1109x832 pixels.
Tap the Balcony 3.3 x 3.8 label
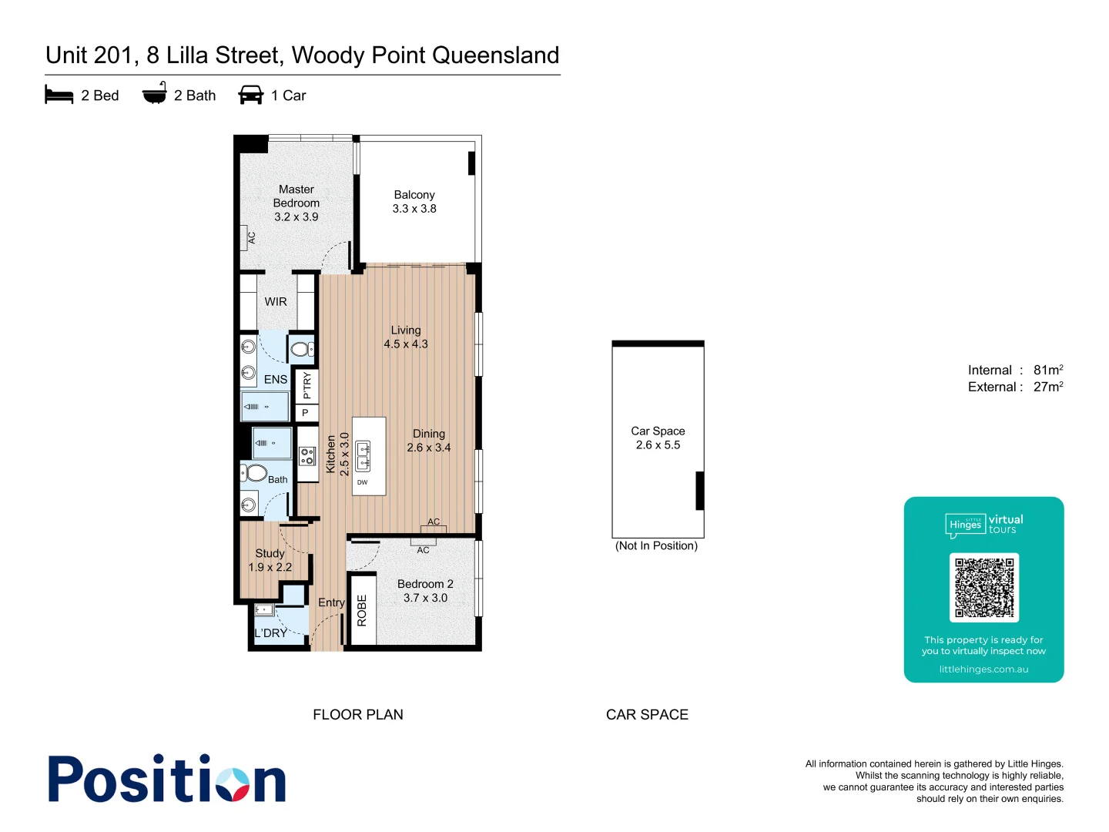[x=414, y=202]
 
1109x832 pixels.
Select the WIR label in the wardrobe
[x=276, y=302]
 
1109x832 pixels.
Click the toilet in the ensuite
[x=301, y=350]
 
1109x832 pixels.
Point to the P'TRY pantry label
[x=307, y=385]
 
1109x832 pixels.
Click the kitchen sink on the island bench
[x=363, y=456]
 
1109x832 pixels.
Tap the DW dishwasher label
[x=362, y=482]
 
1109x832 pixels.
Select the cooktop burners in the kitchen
[x=307, y=456]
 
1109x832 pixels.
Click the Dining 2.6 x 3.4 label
[x=428, y=441]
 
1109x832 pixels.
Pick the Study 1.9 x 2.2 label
[x=270, y=560]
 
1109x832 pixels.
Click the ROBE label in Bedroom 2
[x=362, y=610]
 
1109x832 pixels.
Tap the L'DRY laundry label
[x=271, y=633]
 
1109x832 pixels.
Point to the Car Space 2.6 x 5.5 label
[x=658, y=438]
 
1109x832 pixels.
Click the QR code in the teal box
[x=983, y=587]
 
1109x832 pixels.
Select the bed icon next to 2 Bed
[x=59, y=95]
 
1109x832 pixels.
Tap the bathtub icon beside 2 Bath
[x=155, y=94]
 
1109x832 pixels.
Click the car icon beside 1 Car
[x=251, y=95]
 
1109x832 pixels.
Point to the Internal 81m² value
[x=1047, y=370]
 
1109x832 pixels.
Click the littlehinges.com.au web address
[x=983, y=669]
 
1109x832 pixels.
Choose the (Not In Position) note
[x=656, y=546]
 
